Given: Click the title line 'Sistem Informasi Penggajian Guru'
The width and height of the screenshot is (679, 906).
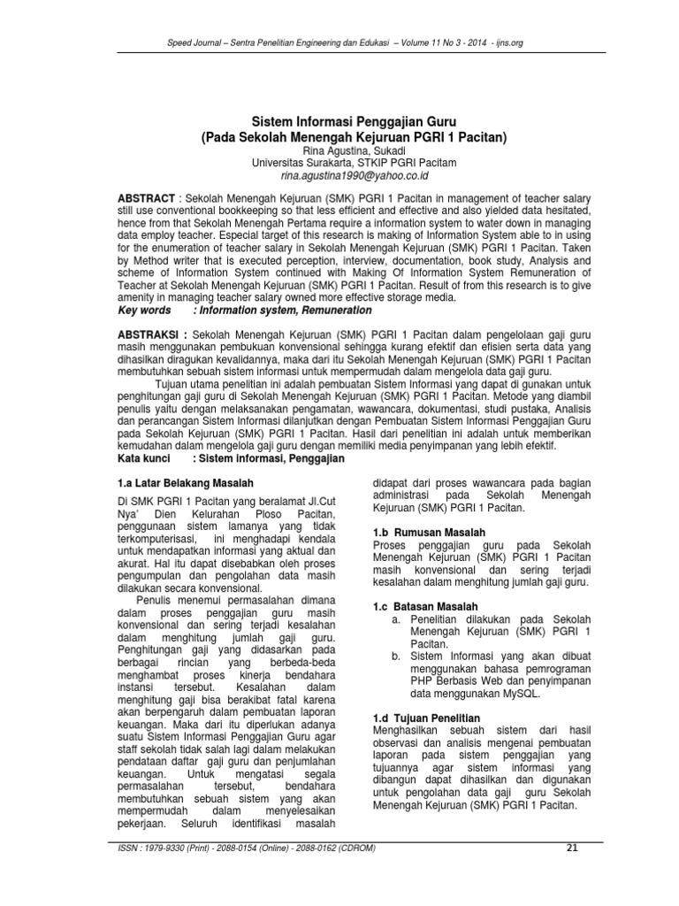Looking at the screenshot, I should click(x=339, y=122).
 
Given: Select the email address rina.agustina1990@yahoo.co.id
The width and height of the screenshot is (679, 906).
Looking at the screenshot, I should click(x=339, y=176).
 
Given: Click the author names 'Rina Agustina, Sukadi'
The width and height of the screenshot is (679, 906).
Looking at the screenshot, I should click(x=339, y=150).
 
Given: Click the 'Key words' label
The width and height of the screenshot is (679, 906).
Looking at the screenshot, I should click(x=144, y=311).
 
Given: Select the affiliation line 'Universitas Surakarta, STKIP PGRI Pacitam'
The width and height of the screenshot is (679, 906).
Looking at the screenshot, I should click(x=339, y=163).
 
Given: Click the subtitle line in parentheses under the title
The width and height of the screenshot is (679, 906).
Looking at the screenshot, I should click(x=339, y=137).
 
